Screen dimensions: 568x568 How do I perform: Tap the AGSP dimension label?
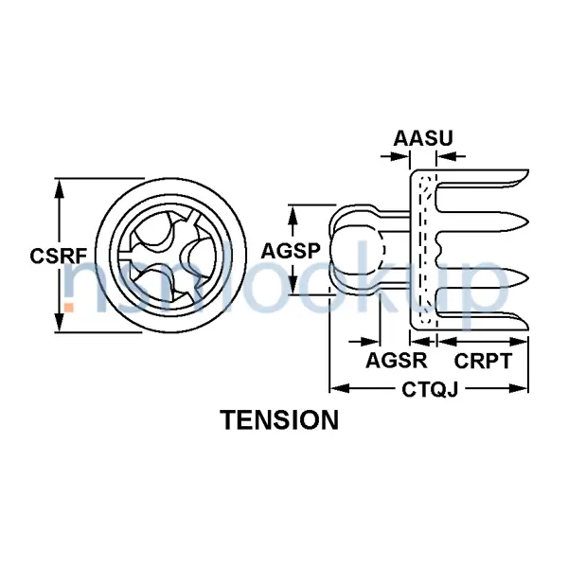[x=288, y=250]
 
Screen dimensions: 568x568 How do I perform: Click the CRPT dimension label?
[x=483, y=362]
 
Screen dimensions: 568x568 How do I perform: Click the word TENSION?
[x=279, y=419]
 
